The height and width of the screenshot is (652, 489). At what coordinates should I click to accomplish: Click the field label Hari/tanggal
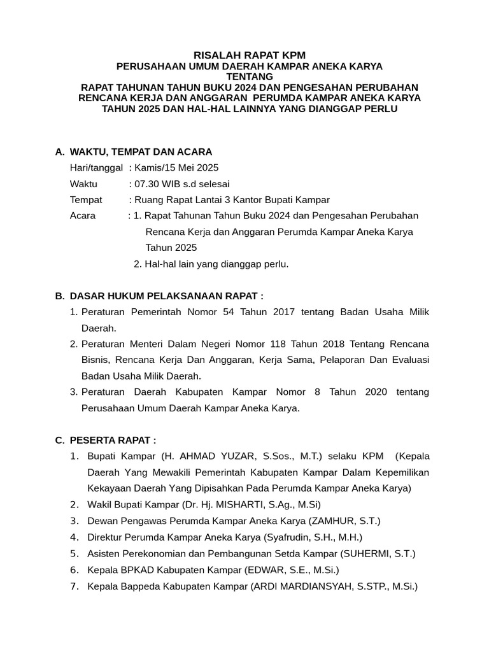tap(96, 168)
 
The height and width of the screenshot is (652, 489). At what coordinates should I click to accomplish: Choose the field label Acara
tap(83, 216)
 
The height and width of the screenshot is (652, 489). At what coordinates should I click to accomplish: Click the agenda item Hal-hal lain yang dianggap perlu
tap(216, 264)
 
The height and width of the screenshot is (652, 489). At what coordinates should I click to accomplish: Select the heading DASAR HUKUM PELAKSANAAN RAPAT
tap(166, 296)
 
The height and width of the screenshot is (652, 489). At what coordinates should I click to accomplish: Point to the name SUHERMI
tap(366, 553)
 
